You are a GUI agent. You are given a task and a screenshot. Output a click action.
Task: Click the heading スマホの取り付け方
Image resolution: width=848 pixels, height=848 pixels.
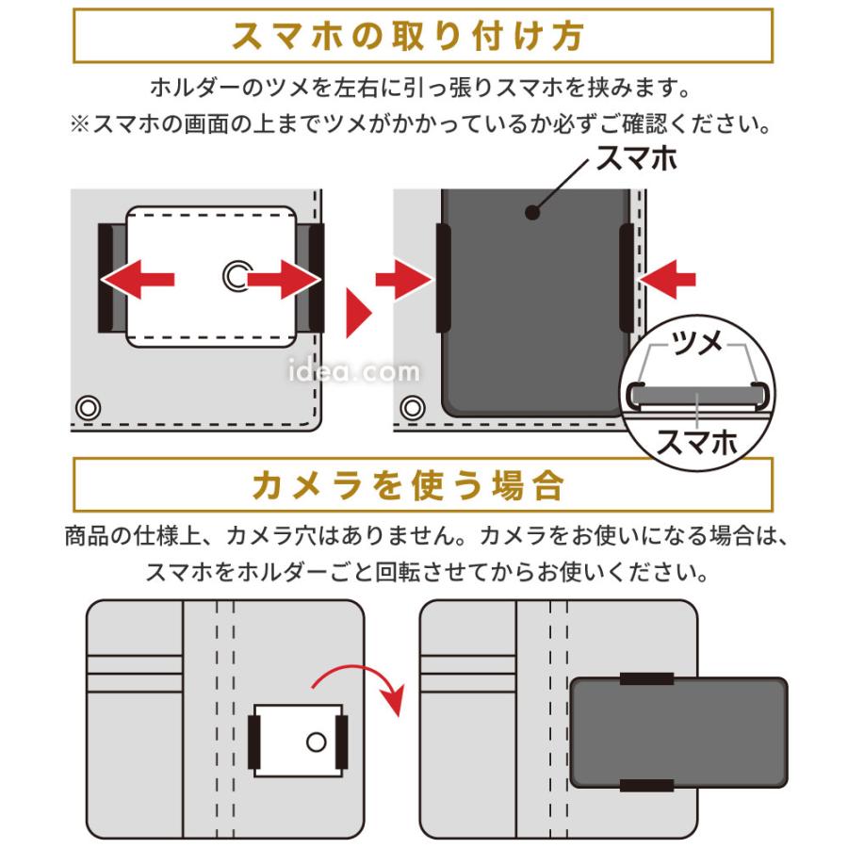click(x=423, y=37)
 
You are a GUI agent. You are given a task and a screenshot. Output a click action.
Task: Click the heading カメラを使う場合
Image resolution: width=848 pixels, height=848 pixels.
click(x=423, y=485)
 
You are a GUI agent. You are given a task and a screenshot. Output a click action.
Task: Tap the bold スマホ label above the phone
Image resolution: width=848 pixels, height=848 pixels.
click(x=637, y=158)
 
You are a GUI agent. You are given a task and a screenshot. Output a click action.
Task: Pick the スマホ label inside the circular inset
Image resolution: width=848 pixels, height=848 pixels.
click(x=696, y=439)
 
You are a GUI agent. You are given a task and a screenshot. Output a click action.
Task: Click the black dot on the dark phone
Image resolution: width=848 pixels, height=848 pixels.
click(x=533, y=214)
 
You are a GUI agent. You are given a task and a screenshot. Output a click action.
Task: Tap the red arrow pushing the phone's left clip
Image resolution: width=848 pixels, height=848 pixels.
click(x=403, y=278)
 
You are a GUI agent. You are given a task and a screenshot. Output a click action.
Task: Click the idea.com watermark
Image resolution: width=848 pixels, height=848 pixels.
click(x=353, y=373)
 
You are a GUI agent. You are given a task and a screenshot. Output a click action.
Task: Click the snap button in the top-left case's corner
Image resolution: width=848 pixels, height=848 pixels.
click(x=89, y=408)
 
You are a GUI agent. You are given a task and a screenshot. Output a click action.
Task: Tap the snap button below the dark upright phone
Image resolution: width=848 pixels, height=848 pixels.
click(x=411, y=408)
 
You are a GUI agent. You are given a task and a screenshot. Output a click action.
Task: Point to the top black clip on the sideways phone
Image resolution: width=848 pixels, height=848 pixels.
click(x=646, y=678)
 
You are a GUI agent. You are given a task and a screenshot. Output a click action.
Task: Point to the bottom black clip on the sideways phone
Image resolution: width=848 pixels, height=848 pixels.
click(x=646, y=785)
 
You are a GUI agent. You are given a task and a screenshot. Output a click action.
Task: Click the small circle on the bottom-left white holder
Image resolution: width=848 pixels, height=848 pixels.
click(x=317, y=741)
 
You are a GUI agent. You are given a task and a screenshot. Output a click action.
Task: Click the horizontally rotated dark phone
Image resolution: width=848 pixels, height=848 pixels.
click(x=678, y=731)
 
